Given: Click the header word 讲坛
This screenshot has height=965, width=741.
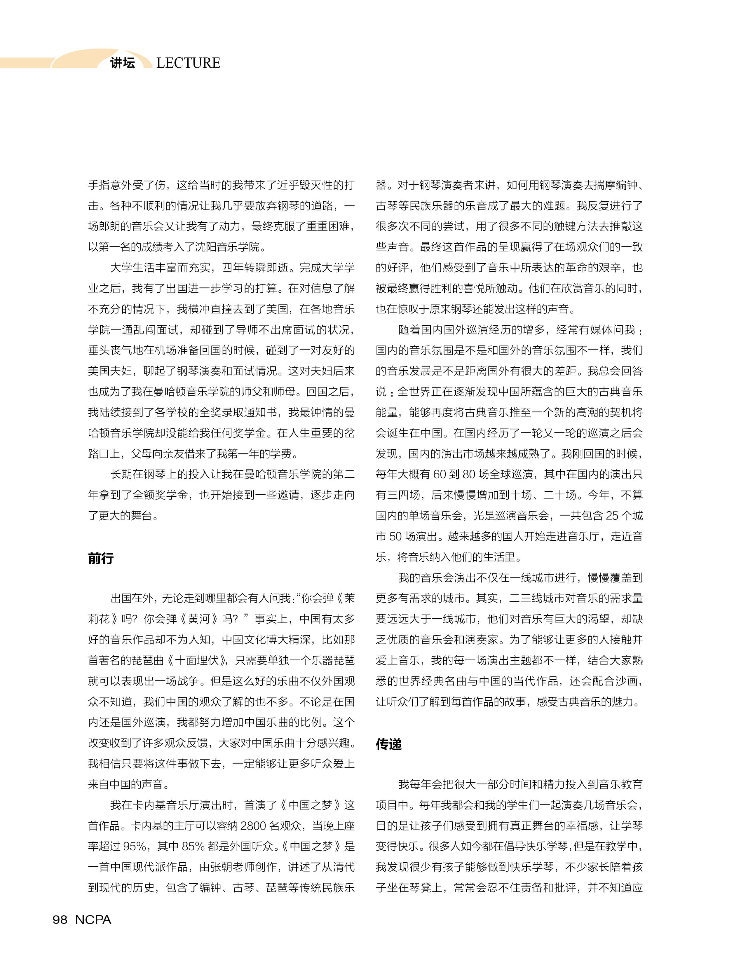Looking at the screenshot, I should (122, 63).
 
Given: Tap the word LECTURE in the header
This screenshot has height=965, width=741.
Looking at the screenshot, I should (188, 63).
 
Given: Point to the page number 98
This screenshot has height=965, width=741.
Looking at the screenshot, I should (60, 919).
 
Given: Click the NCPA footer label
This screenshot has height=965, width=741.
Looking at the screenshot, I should (93, 919).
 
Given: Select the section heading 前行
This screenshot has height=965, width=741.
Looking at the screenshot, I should (101, 558).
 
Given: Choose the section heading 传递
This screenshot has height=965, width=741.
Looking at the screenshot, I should (388, 744).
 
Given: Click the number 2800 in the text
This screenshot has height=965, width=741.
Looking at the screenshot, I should (254, 826).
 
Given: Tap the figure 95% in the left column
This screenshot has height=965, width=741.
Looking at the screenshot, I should (135, 846).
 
